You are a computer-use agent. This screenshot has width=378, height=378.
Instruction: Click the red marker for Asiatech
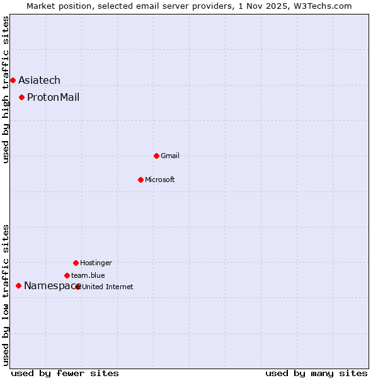tap(13, 80)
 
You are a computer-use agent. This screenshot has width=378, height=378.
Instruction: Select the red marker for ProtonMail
tap(21, 97)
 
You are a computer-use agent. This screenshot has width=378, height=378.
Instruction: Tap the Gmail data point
tap(156, 156)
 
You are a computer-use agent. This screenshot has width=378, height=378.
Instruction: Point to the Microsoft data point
tap(140, 180)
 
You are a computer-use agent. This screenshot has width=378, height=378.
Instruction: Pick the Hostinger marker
tap(76, 263)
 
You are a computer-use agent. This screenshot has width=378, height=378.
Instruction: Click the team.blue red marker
tap(67, 275)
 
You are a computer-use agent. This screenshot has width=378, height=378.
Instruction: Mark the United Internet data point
tap(77, 287)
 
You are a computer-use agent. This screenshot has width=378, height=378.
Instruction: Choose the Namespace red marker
tap(18, 285)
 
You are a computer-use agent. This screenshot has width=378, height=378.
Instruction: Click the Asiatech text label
tap(39, 80)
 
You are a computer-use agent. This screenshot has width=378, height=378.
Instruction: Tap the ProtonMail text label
tap(53, 97)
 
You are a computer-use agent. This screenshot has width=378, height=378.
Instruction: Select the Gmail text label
tap(170, 156)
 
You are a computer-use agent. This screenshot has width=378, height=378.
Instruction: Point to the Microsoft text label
tap(160, 180)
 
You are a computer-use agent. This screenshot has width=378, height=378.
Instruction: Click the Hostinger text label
tap(96, 263)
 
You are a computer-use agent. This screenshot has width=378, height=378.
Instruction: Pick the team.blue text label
tap(88, 275)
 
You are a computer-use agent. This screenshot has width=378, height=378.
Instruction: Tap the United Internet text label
tap(108, 287)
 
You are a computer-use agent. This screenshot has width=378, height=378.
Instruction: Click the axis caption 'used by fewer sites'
tap(65, 373)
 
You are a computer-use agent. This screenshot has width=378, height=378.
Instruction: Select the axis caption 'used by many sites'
tap(316, 373)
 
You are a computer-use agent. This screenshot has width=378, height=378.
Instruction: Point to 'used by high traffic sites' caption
tap(6, 89)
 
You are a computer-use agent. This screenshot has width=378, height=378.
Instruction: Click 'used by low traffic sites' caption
tap(6, 295)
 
